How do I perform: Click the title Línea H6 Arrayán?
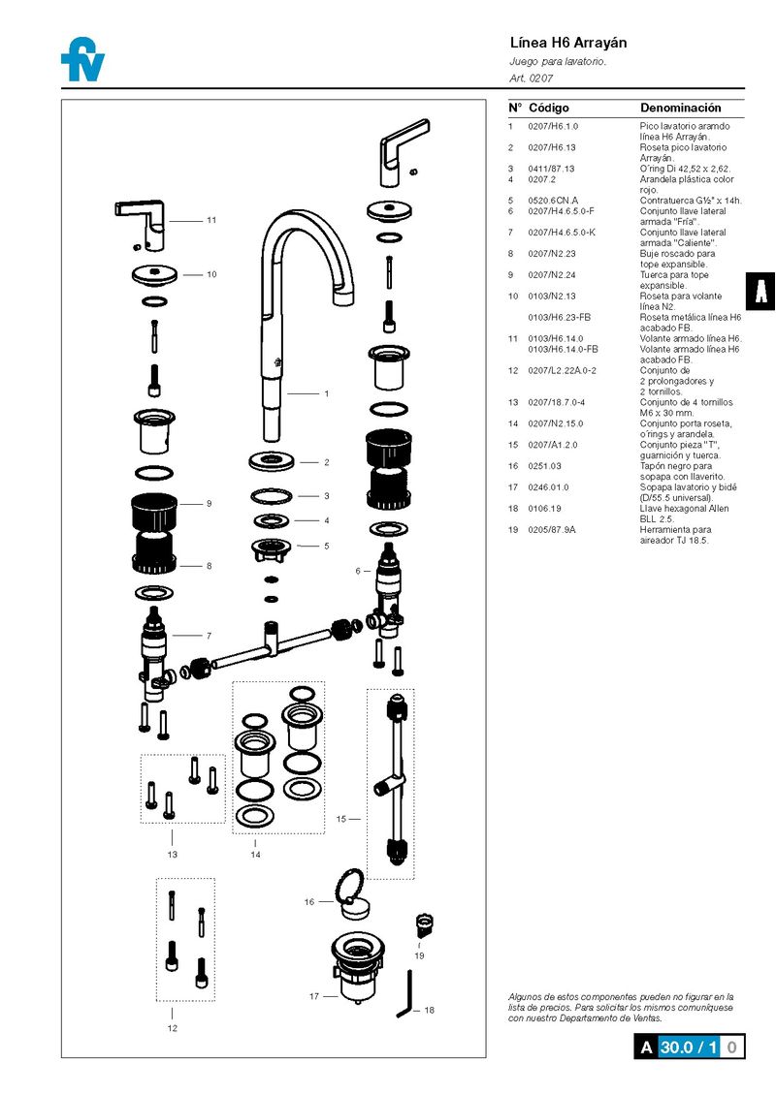point(568,43)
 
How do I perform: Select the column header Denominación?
point(680,108)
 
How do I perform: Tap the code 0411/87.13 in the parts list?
point(550,169)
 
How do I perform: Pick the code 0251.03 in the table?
point(544,466)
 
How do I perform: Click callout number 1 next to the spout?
point(327,393)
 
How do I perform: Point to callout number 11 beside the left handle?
point(211,220)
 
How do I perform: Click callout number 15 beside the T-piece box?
point(341,819)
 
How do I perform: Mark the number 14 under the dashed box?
point(255,855)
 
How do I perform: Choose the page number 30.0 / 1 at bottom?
point(689,1047)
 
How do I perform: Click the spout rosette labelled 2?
point(272,458)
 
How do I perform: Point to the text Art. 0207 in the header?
point(531,77)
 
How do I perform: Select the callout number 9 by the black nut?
point(209,504)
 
